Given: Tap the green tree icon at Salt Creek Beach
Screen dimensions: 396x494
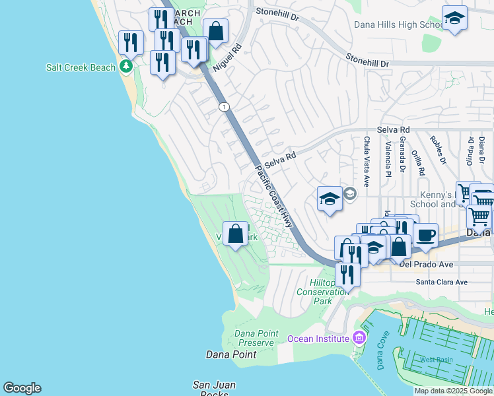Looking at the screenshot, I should [x=125, y=67].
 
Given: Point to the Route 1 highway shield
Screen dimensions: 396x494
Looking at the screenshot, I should [x=225, y=107].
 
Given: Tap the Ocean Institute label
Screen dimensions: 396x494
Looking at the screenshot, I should [x=317, y=339].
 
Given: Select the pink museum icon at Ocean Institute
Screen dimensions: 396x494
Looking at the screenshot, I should [x=359, y=338].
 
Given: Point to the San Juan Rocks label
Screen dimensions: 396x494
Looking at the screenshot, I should [x=214, y=389].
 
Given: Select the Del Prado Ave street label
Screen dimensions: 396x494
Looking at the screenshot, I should [x=426, y=265].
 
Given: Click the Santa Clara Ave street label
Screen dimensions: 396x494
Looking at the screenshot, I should [x=441, y=282].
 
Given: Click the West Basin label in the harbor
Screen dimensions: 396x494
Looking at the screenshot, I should [x=437, y=360].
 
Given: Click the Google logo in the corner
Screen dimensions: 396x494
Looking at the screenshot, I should [x=22, y=388].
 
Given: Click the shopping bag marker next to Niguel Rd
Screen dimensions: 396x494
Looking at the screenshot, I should [x=215, y=30].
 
